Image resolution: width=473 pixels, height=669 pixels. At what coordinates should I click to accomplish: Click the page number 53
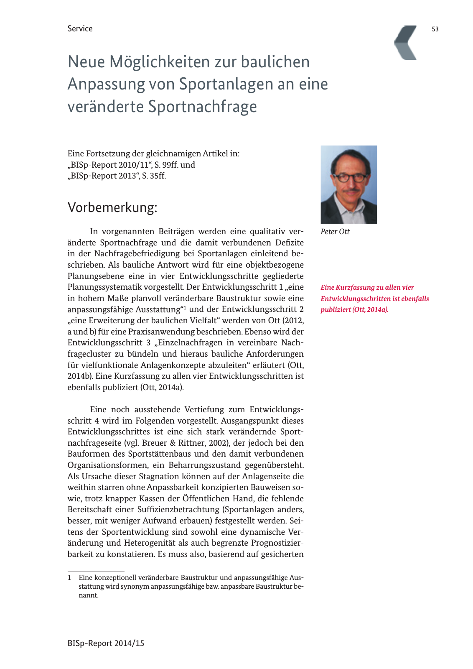(435, 29)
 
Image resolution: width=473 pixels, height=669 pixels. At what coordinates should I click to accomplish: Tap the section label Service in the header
(80, 29)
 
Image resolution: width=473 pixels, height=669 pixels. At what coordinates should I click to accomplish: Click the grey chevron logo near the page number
(406, 42)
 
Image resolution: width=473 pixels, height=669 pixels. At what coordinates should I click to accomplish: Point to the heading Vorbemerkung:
(112, 207)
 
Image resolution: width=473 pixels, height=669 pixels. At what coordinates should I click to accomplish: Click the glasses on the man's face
(349, 177)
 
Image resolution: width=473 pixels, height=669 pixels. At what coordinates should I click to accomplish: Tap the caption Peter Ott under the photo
(335, 232)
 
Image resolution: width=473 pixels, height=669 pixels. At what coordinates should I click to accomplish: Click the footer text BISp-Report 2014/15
(106, 643)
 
